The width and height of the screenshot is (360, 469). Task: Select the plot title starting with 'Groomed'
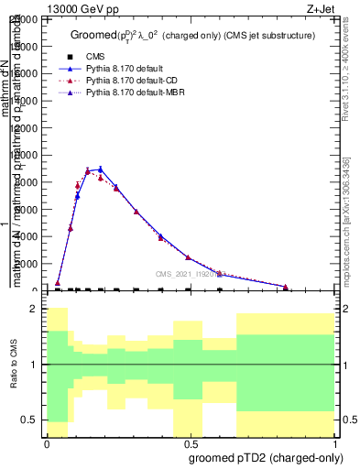point(192,35)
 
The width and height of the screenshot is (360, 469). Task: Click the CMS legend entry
point(109,57)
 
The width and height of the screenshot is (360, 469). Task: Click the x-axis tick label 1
point(336,443)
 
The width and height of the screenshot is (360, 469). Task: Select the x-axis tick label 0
point(47,443)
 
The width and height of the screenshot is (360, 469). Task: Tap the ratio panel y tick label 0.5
point(31,420)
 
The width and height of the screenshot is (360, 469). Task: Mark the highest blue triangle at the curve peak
point(101,169)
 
